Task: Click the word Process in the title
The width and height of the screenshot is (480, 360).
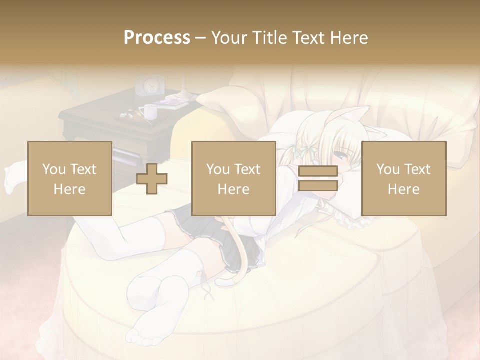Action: (x=157, y=38)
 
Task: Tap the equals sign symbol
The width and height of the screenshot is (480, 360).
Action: (x=318, y=178)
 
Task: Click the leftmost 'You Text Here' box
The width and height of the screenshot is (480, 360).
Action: (x=69, y=178)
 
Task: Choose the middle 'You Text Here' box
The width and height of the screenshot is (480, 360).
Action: (x=233, y=178)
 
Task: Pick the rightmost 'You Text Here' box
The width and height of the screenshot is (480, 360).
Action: (x=403, y=178)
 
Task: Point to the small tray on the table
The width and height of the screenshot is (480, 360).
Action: (x=129, y=116)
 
